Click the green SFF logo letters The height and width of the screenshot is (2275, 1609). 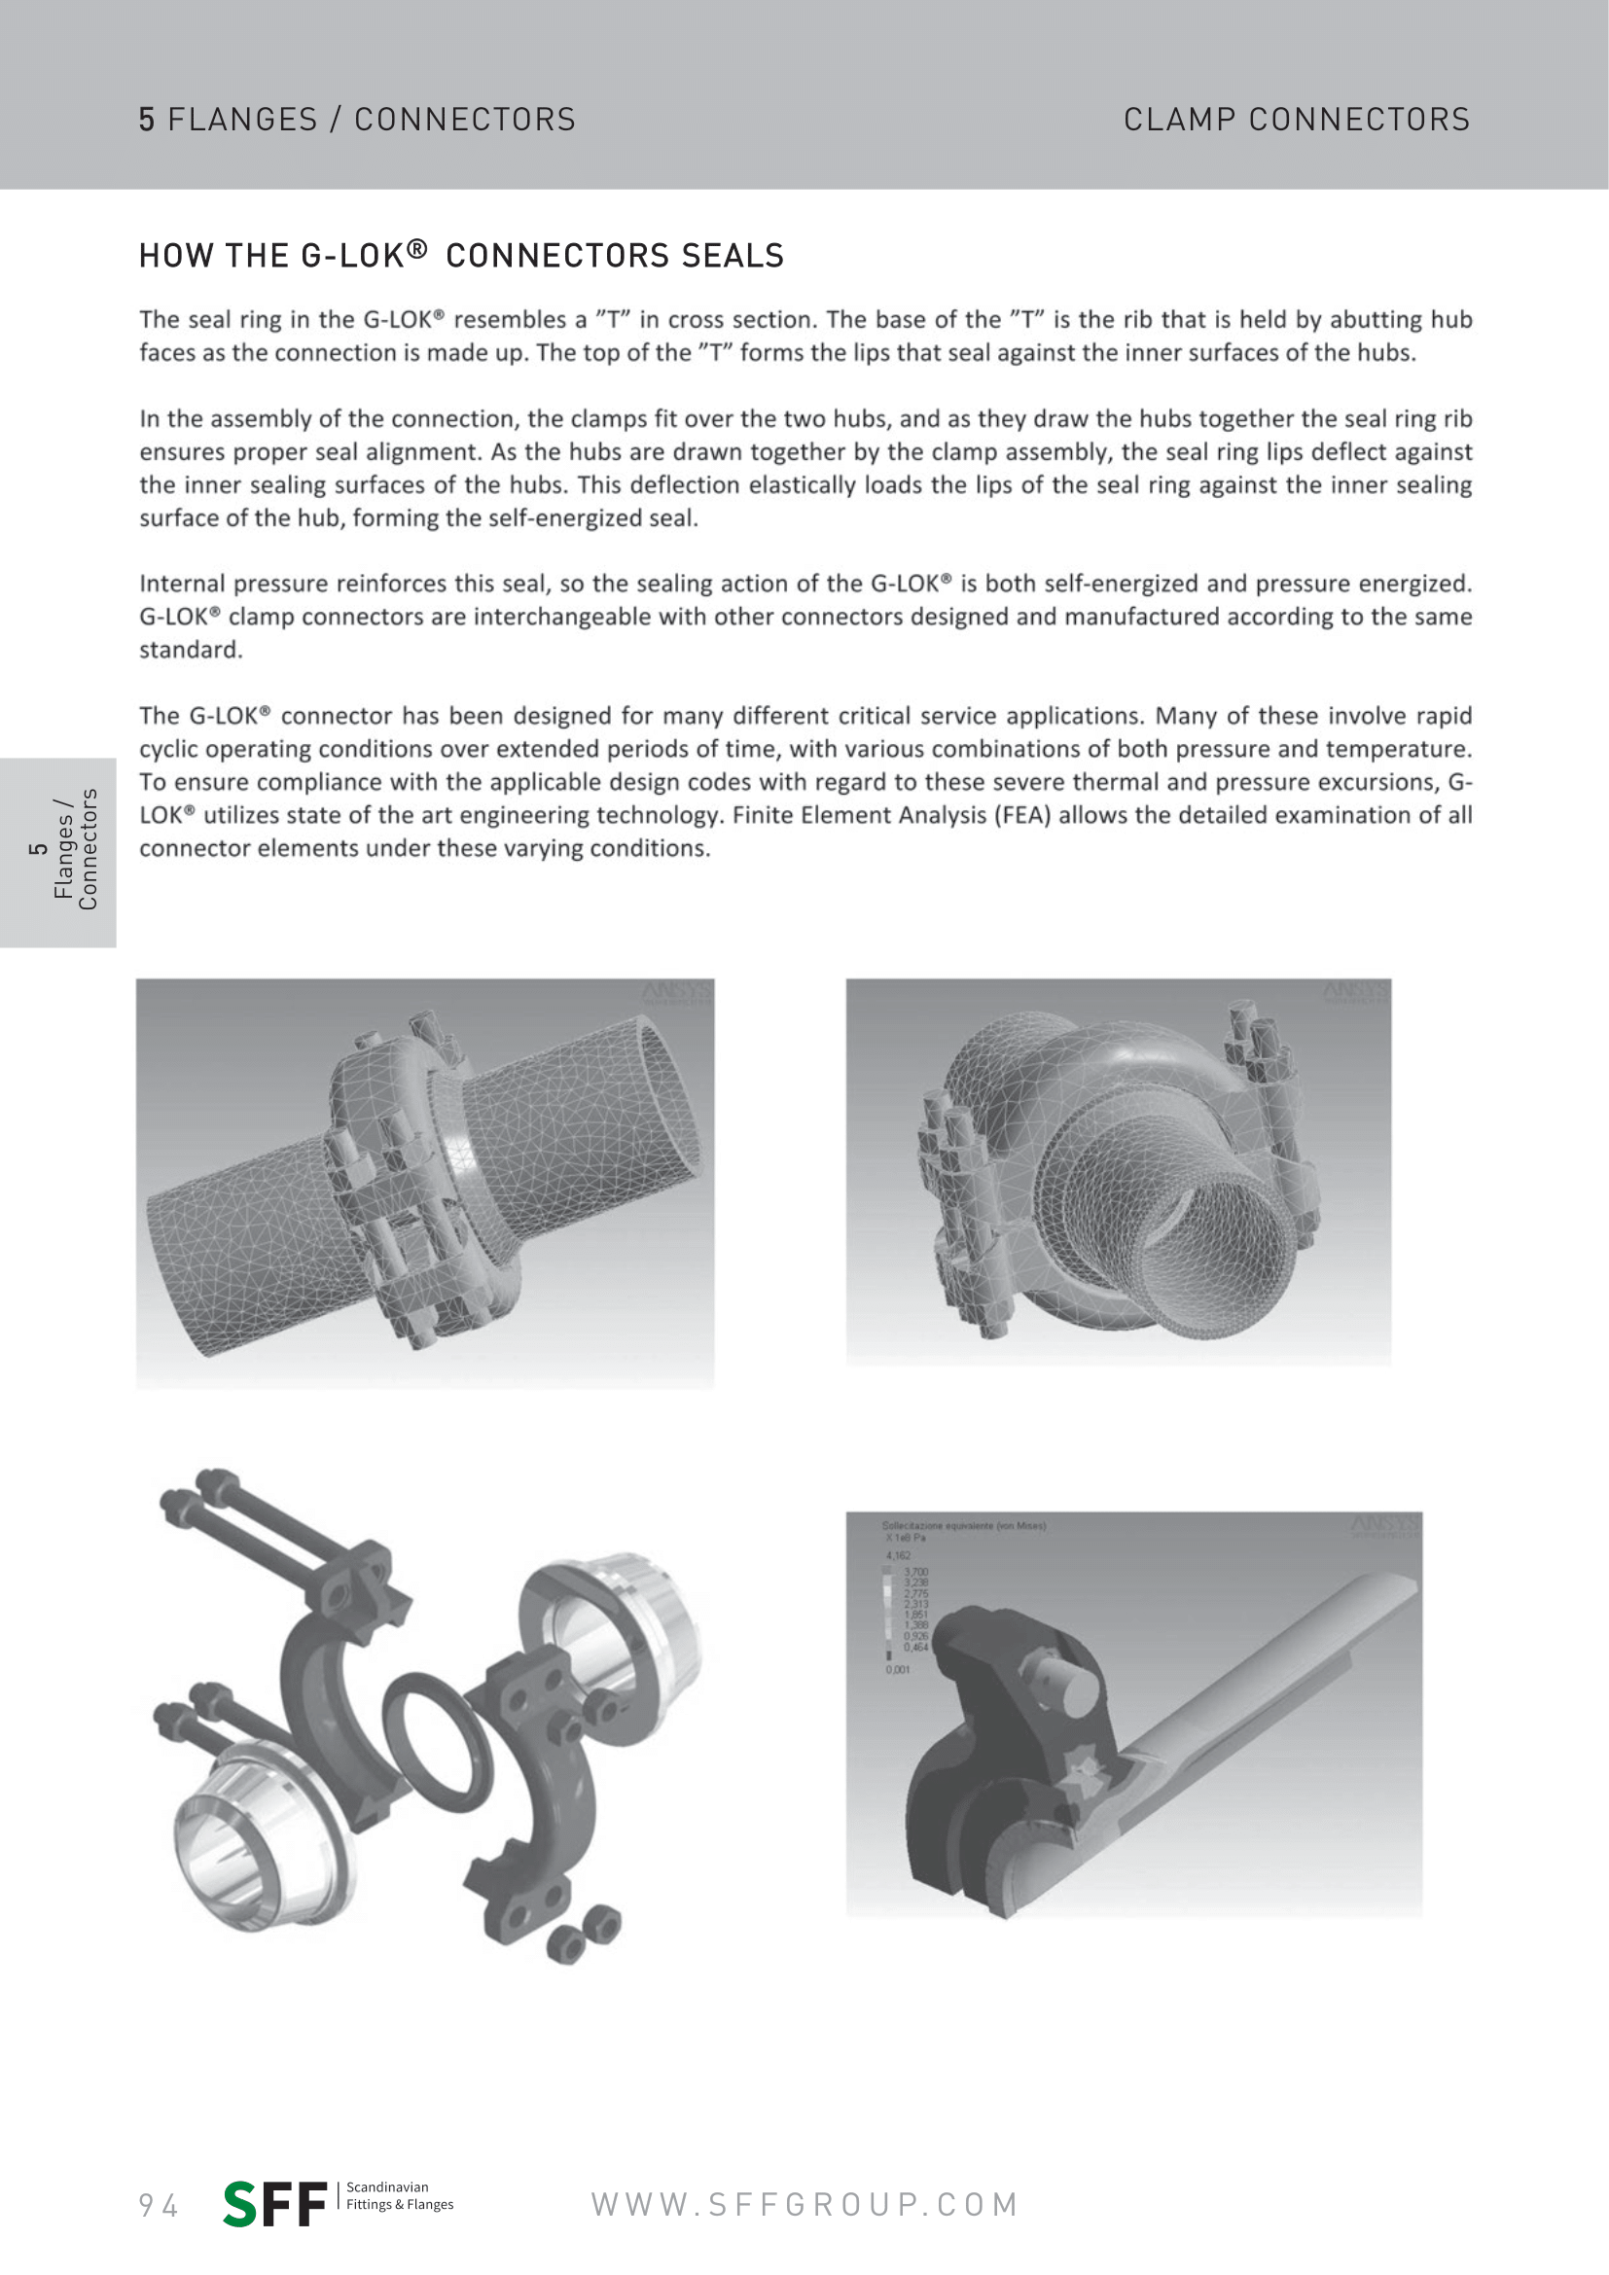pyautogui.click(x=274, y=2204)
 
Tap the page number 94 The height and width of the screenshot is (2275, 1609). pyautogui.click(x=159, y=2206)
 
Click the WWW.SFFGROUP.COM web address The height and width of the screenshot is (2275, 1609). pyautogui.click(x=804, y=2205)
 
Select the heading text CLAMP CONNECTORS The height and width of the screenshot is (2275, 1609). pyautogui.click(x=1296, y=120)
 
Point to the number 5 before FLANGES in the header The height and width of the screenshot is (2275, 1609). pyautogui.click(x=147, y=120)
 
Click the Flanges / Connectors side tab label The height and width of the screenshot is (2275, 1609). pyautogui.click(x=75, y=850)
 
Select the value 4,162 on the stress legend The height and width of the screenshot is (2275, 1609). pyautogui.click(x=898, y=1555)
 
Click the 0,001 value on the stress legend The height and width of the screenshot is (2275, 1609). pyautogui.click(x=898, y=1670)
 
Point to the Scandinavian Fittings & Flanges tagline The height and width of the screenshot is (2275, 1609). pyautogui.click(x=399, y=2196)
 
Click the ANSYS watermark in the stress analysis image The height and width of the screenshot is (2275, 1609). pyautogui.click(x=1385, y=1526)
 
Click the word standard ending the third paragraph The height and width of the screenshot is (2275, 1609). pyautogui.click(x=190, y=650)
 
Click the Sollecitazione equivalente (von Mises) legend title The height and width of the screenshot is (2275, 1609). pyautogui.click(x=963, y=1526)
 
